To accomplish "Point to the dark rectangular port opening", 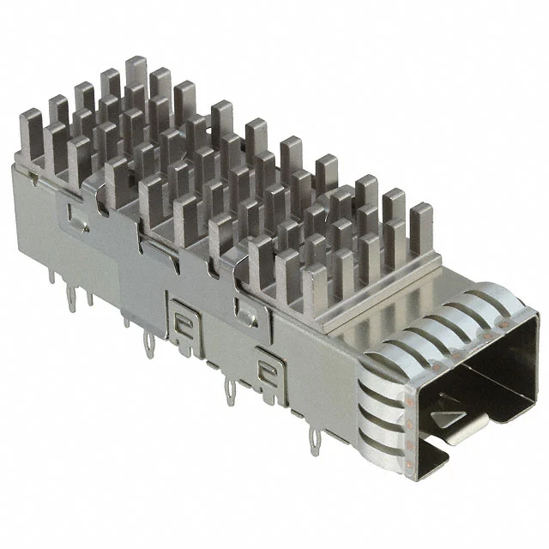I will click(x=480, y=377).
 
